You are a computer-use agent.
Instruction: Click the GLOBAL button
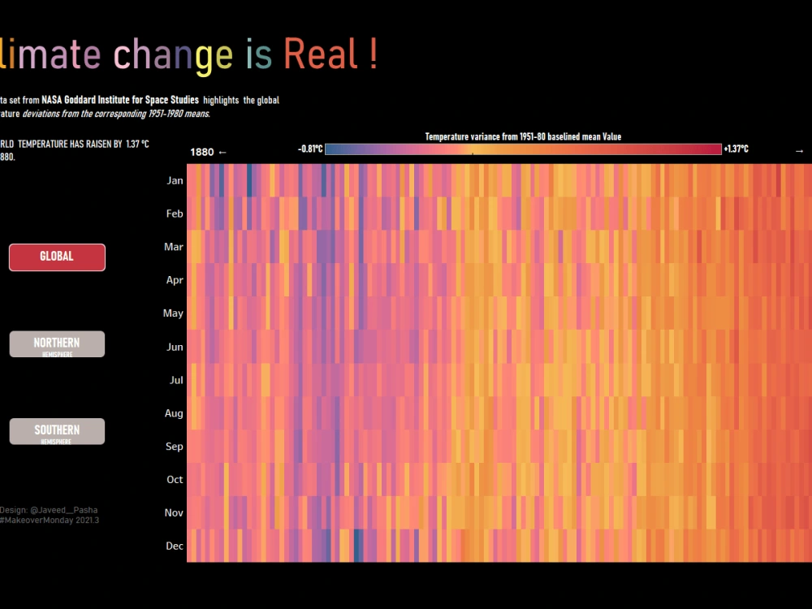[57, 257]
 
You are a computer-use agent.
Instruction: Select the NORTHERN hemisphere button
[57, 344]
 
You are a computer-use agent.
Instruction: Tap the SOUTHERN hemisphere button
[57, 431]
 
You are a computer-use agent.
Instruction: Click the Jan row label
[175, 180]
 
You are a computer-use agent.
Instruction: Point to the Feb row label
[175, 214]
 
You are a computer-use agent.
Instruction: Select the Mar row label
[174, 247]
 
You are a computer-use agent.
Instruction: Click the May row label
[174, 313]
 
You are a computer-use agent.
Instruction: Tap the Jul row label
[176, 379]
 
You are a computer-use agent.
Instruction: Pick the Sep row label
[175, 446]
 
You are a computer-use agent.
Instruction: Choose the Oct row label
[175, 479]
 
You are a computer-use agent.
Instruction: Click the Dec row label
[175, 546]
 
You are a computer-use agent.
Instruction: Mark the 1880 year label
[201, 152]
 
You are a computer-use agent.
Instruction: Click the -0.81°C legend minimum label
[310, 149]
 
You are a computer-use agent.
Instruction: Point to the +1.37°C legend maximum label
[736, 149]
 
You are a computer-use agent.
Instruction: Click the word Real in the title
[322, 54]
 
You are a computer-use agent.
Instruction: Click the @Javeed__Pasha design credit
[64, 510]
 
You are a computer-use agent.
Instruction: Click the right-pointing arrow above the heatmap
[799, 151]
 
